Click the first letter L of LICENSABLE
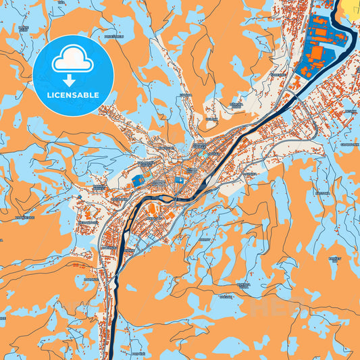click(x=49, y=95)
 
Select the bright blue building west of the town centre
click(x=138, y=180)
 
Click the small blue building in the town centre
click(x=180, y=180)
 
